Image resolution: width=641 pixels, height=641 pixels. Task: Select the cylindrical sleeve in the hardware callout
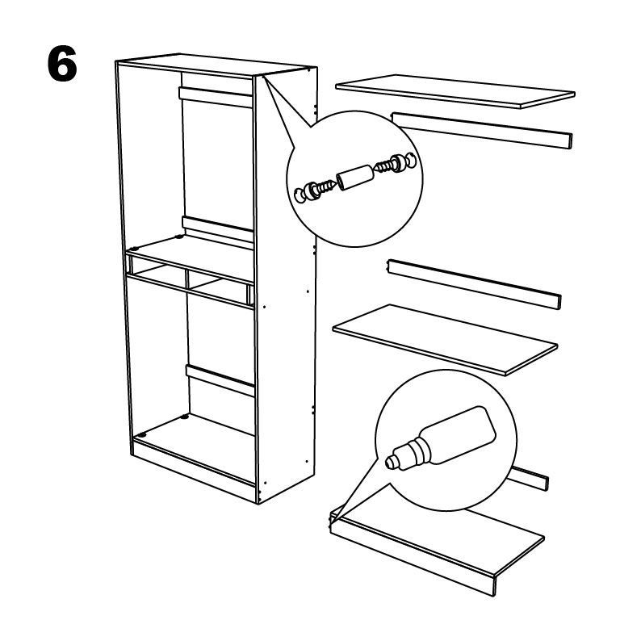pyautogui.click(x=354, y=177)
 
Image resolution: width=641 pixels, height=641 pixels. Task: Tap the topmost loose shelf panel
pyautogui.click(x=455, y=91)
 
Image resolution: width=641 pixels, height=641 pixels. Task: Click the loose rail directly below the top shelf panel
pyautogui.click(x=482, y=131)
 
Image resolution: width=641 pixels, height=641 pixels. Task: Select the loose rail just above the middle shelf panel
pyautogui.click(x=474, y=283)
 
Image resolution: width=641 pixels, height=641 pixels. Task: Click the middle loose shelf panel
pyautogui.click(x=445, y=340)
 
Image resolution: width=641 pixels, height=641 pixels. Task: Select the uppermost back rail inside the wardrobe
pyautogui.click(x=216, y=97)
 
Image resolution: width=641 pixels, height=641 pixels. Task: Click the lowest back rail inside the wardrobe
pyautogui.click(x=220, y=380)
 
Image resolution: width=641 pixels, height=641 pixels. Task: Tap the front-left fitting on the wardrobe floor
pyautogui.click(x=142, y=435)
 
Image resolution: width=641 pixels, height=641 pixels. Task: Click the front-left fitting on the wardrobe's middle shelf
pyautogui.click(x=133, y=248)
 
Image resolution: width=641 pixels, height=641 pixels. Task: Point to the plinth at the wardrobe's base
pyautogui.click(x=195, y=473)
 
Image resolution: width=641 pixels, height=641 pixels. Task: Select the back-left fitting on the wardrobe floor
pyautogui.click(x=185, y=417)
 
